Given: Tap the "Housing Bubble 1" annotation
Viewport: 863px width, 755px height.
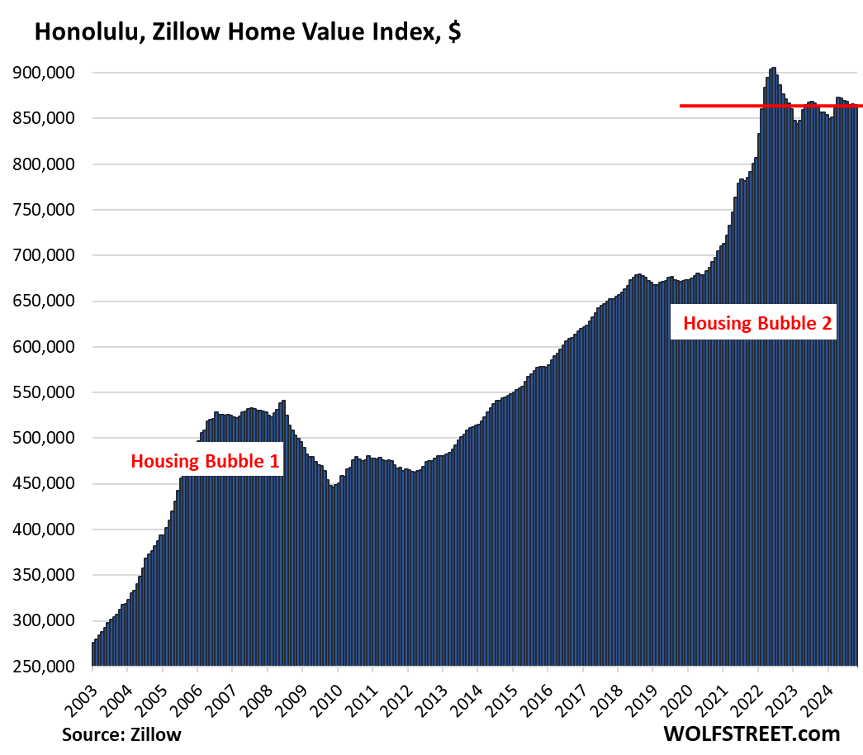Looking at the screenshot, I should (206, 461).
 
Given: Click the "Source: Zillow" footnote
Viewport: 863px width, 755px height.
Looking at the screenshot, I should (121, 734).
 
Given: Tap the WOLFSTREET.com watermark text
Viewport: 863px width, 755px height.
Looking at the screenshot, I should (751, 733).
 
